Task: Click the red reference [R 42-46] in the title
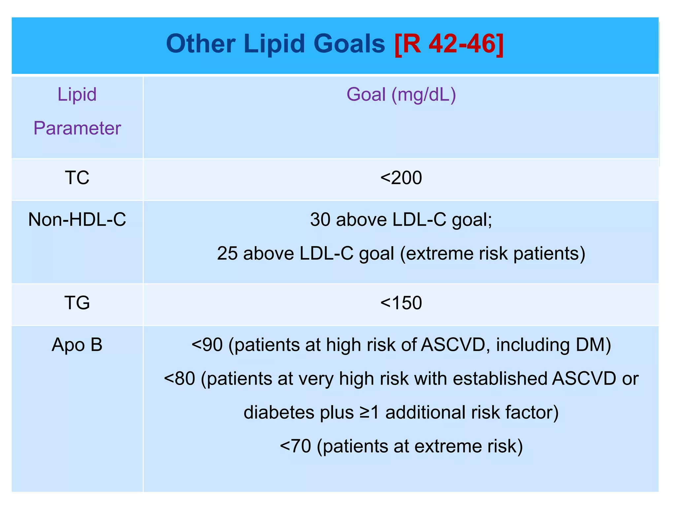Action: tap(449, 44)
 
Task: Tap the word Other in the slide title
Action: tap(201, 44)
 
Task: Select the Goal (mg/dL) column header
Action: tap(401, 95)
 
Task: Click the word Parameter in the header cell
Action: tap(77, 128)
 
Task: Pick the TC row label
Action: tap(77, 178)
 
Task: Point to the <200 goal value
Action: tap(401, 178)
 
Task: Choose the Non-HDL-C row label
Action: tap(77, 220)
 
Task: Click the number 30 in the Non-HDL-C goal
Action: tap(320, 220)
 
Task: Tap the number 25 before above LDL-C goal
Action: tap(227, 254)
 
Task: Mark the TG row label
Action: tap(77, 303)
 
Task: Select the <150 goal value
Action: tap(401, 303)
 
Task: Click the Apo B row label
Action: tap(77, 345)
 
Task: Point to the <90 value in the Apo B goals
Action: tap(207, 345)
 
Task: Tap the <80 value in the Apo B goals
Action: tap(180, 379)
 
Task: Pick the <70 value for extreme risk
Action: tap(295, 447)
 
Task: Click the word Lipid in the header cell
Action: tap(77, 95)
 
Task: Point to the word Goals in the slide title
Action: tap(349, 44)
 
